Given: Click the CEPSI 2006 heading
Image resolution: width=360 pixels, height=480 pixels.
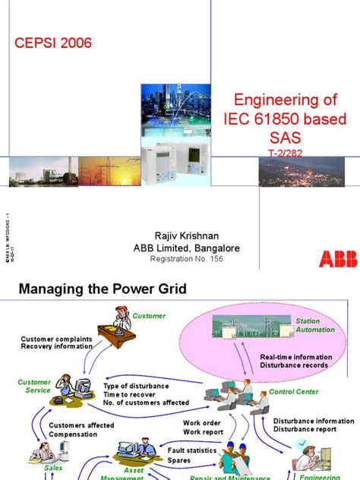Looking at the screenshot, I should tap(54, 43).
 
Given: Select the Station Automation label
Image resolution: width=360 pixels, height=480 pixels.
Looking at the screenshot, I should tap(314, 325).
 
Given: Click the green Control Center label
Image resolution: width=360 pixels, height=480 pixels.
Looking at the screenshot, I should tap(295, 392).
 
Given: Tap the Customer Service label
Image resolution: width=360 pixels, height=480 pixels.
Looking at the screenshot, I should tap(34, 387).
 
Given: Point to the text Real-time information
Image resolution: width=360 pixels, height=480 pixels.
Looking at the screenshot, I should tap(295, 356).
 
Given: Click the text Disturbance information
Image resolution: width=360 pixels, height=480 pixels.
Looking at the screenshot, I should tap(313, 421).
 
